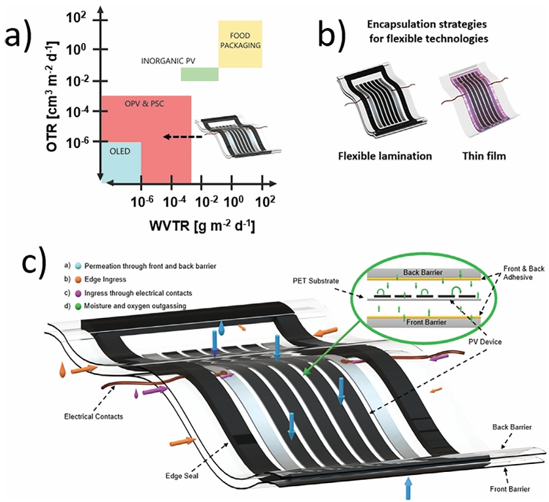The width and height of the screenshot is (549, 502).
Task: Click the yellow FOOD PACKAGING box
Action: (x=240, y=45)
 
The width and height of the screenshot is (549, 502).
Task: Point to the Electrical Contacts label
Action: (x=92, y=416)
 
